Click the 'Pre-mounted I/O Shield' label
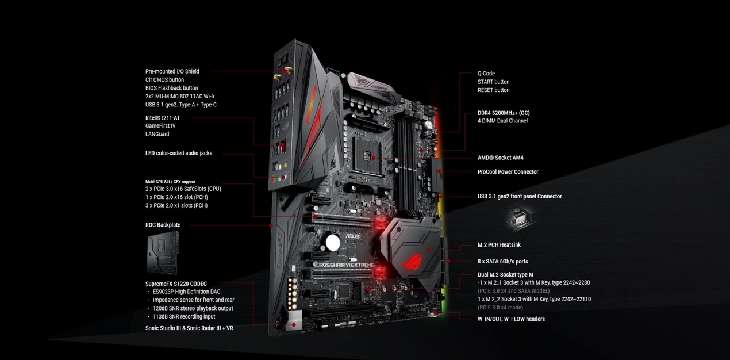[172, 71]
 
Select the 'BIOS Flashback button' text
[171, 88]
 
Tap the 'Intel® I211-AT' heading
[162, 118]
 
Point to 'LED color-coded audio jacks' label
[179, 154]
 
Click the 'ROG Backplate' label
[163, 225]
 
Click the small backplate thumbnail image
[163, 252]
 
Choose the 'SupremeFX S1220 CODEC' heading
[176, 284]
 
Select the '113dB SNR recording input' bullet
[184, 317]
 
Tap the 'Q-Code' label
[486, 74]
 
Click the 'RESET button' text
[493, 90]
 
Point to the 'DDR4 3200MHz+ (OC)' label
[504, 113]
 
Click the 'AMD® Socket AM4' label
[500, 158]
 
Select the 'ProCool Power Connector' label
[508, 172]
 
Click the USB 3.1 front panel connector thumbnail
[520, 218]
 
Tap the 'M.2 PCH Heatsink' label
[499, 245]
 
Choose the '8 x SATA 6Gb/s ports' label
[502, 262]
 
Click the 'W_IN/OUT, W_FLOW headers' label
[511, 319]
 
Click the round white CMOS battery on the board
[332, 243]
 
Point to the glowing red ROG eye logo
[413, 262]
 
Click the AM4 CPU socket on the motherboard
[367, 155]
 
